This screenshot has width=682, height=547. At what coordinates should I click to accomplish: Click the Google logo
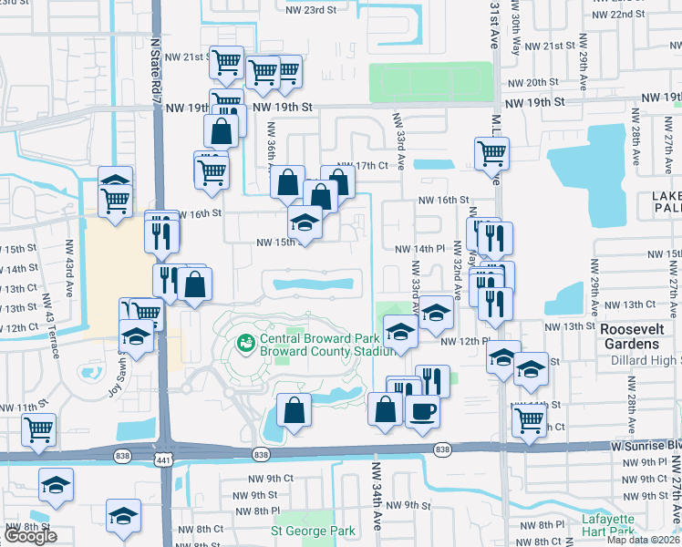(30, 537)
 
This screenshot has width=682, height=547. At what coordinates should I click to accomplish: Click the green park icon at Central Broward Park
(244, 344)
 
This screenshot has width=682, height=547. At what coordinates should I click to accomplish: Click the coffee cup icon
(422, 412)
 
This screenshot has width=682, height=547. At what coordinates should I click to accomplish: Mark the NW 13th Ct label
(638, 304)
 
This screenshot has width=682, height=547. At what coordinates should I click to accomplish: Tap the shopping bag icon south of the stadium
(294, 412)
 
